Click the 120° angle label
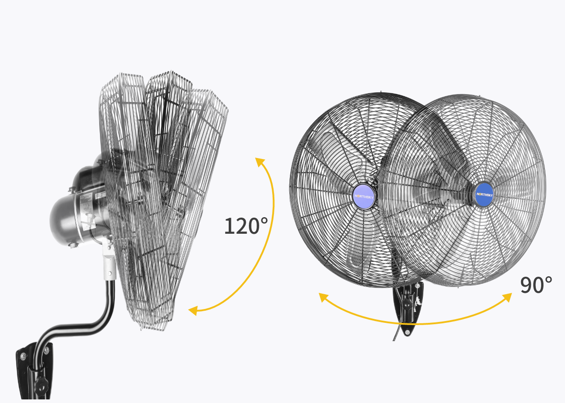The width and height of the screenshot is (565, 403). (x=246, y=226)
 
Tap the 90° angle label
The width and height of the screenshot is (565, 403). (x=536, y=285)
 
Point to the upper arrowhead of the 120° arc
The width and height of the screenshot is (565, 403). (x=260, y=162)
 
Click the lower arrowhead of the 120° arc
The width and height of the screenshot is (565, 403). (x=193, y=311)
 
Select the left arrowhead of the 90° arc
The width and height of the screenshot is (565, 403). (x=323, y=297)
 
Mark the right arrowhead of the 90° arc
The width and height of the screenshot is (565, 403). (x=507, y=297)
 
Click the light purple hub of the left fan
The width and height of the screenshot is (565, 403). (x=363, y=197)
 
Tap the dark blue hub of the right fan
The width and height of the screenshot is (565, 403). (x=484, y=195)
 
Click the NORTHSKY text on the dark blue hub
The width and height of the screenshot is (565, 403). (x=485, y=195)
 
